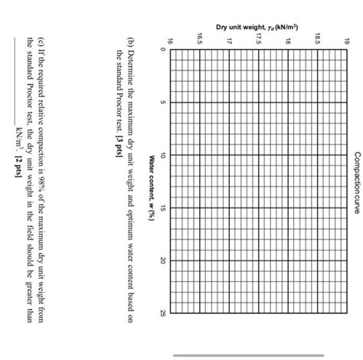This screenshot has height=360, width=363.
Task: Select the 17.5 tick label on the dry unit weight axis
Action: [260, 37]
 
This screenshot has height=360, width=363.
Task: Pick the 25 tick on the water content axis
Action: [162, 313]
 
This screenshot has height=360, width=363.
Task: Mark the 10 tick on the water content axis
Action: [162, 155]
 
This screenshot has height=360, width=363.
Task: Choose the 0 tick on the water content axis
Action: [162, 50]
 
